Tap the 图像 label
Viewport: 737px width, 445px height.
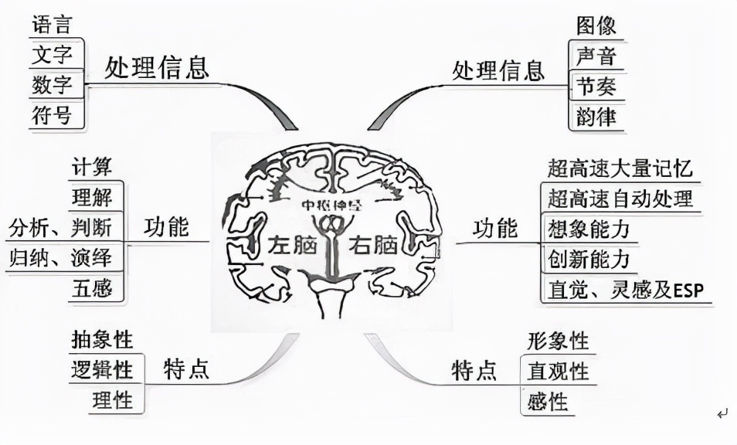(596, 25)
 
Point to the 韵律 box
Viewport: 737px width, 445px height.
(596, 117)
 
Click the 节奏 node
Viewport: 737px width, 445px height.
(596, 87)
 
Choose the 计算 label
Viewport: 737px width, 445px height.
(92, 166)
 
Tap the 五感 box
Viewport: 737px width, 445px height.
(92, 289)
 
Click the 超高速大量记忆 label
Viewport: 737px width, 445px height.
(620, 168)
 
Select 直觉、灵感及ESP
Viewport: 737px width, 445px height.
(625, 290)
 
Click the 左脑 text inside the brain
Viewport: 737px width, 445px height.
(293, 246)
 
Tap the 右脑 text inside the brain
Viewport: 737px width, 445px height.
(373, 246)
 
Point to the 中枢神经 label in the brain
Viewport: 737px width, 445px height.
(333, 206)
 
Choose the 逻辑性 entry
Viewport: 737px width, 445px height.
(101, 370)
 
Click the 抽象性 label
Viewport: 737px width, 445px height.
(101, 339)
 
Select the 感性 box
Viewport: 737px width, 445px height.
(548, 402)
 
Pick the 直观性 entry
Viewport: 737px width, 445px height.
(559, 372)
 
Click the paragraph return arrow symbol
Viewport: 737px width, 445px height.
(722, 414)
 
